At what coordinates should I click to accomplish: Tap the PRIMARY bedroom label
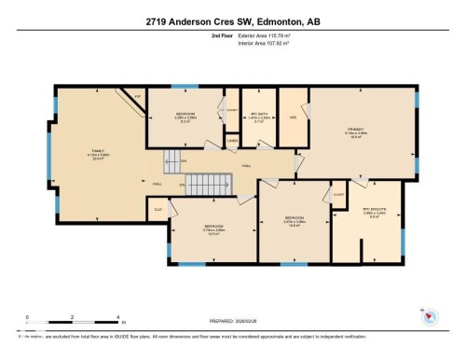(x=356, y=130)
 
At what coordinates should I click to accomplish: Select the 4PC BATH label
(x=250, y=115)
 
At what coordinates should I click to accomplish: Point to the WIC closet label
(x=293, y=117)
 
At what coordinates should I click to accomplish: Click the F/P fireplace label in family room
(x=137, y=96)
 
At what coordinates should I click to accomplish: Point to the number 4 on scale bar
(x=117, y=317)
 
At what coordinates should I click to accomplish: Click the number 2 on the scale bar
(x=73, y=317)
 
